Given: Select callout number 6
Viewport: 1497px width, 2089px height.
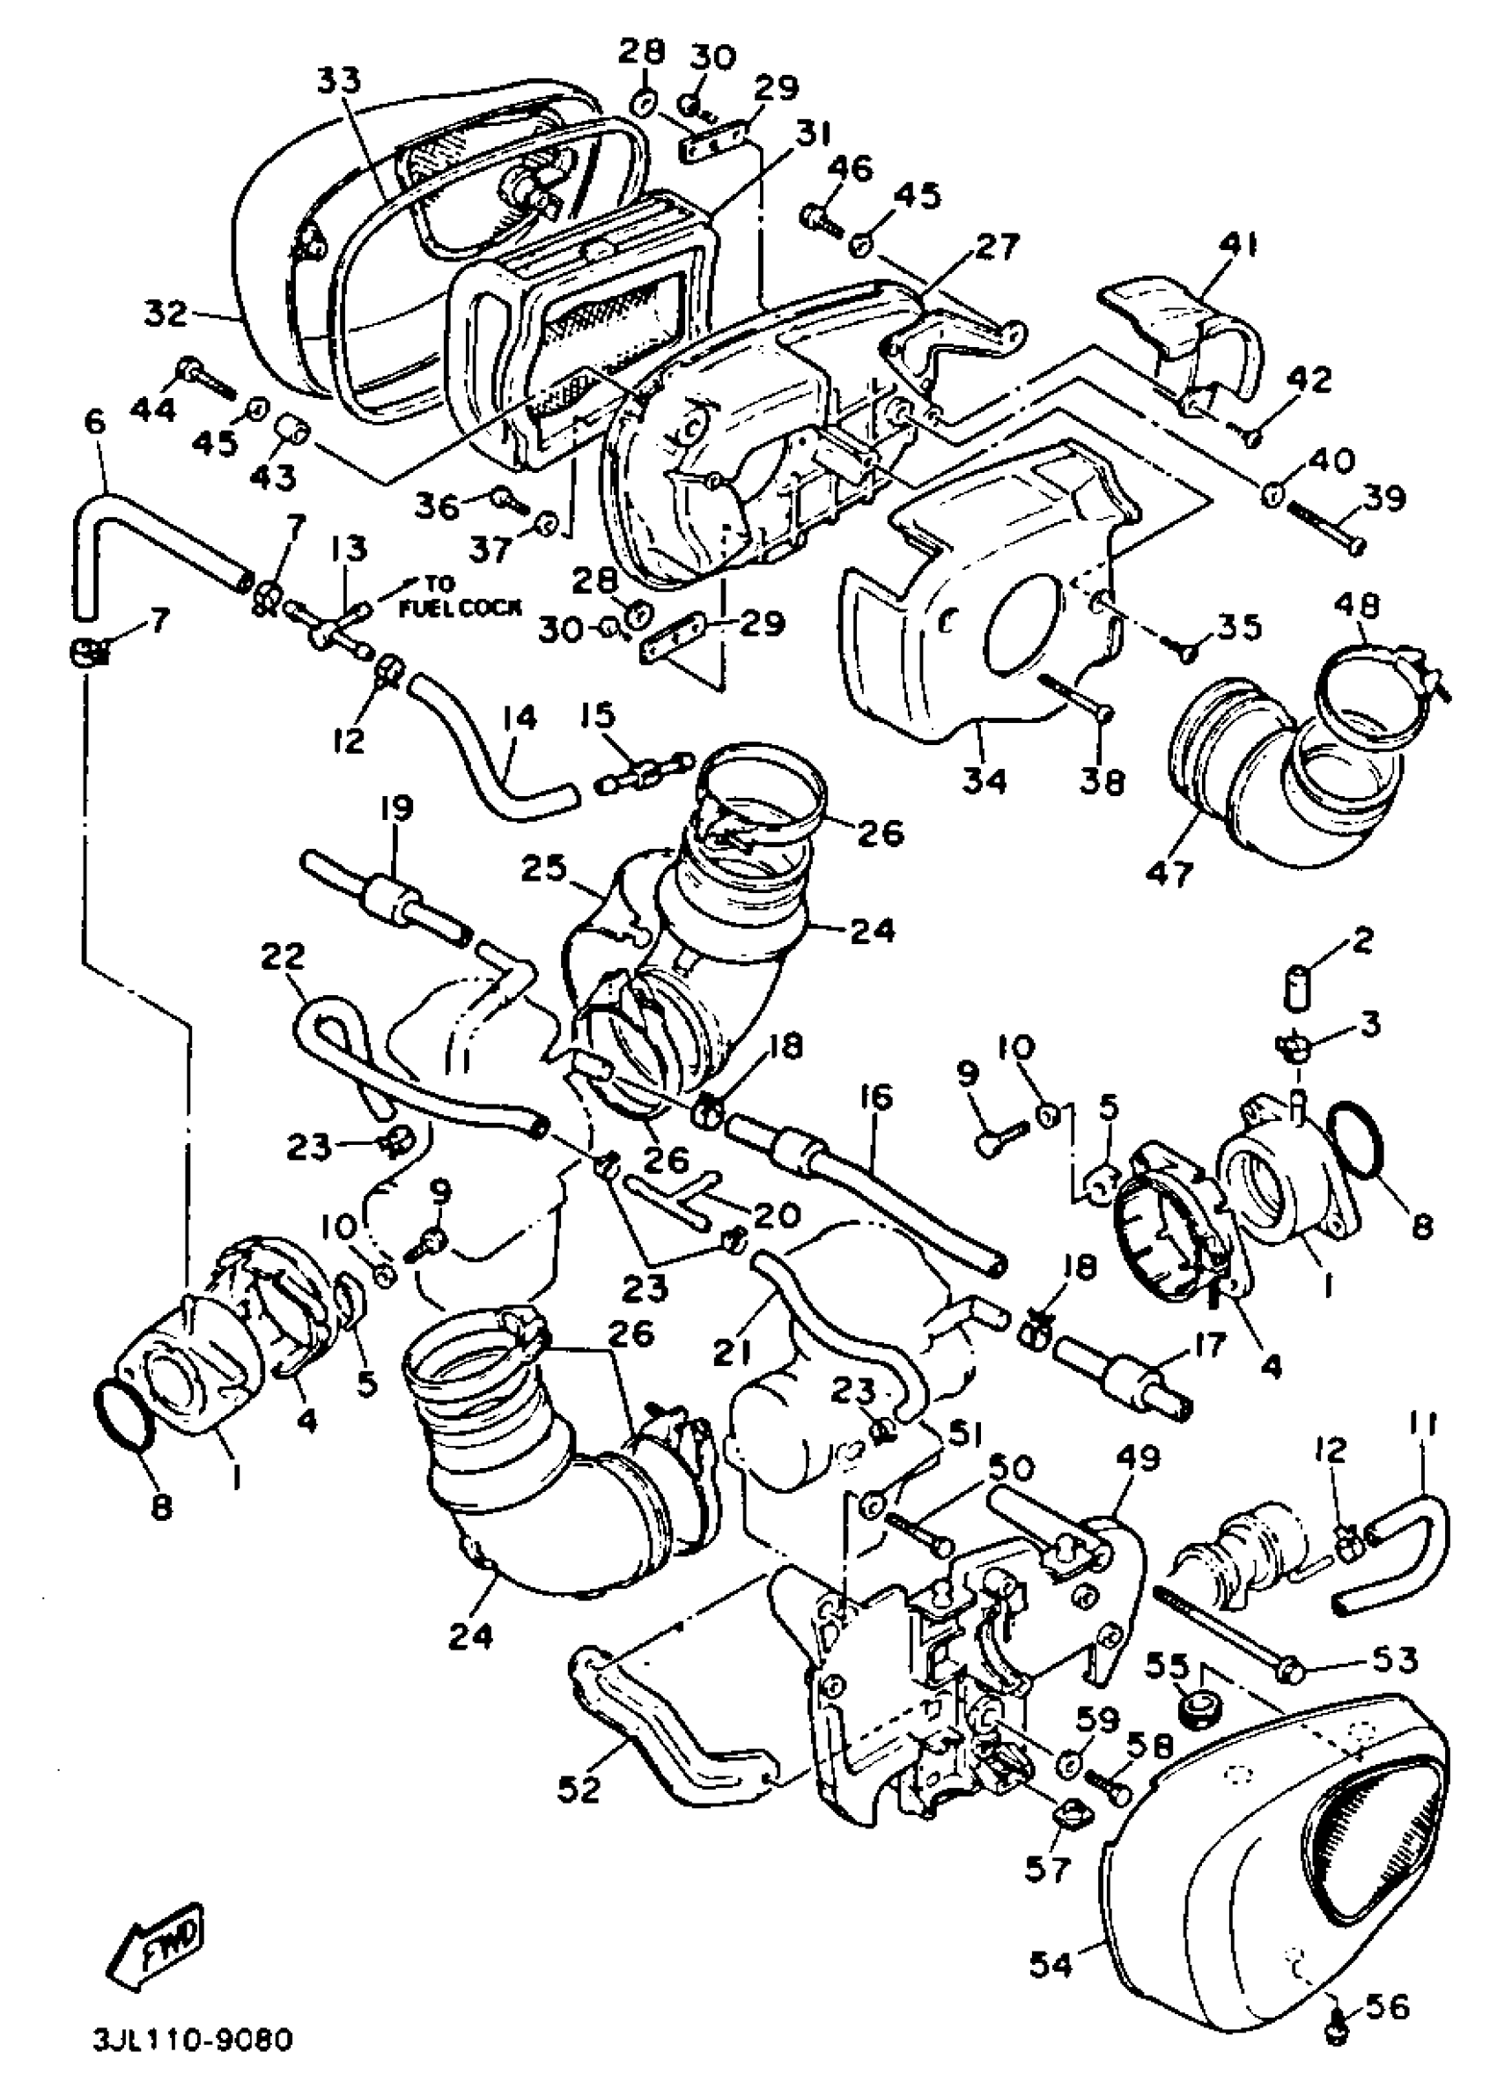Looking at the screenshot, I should click(x=94, y=423).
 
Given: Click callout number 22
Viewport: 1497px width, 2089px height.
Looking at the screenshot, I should click(x=282, y=957).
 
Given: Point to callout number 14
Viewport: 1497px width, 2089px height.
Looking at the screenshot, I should click(x=520, y=718).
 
